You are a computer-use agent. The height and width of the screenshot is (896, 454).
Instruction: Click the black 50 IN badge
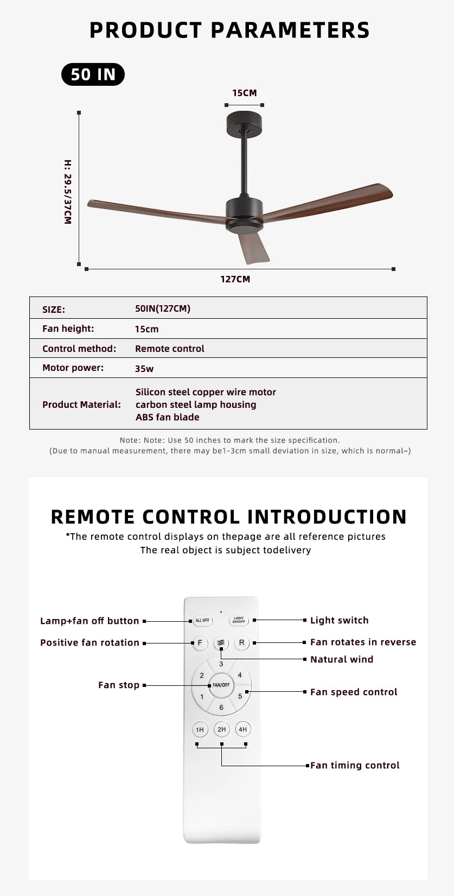pyautogui.click(x=93, y=74)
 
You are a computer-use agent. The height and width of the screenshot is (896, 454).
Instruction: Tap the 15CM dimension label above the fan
pyautogui.click(x=244, y=93)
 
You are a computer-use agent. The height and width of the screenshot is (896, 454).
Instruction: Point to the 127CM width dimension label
pyautogui.click(x=235, y=279)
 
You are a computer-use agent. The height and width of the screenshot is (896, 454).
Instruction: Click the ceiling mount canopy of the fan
pyautogui.click(x=244, y=123)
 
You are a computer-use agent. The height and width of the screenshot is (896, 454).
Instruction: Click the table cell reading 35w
pyautogui.click(x=144, y=369)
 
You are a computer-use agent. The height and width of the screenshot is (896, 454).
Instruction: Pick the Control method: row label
pyautogui.click(x=79, y=349)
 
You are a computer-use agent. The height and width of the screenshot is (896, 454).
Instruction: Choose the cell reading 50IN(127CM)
pyautogui.click(x=163, y=308)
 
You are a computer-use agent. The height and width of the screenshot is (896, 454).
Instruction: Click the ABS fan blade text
pyautogui.click(x=168, y=417)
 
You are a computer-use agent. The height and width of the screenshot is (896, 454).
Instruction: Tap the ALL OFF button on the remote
pyautogui.click(x=202, y=620)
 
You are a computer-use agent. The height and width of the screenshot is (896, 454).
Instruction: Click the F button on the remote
pyautogui.click(x=200, y=643)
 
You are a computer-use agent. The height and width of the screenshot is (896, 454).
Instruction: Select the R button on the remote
pyautogui.click(x=241, y=643)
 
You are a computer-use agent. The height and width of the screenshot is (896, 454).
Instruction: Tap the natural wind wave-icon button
pyautogui.click(x=221, y=643)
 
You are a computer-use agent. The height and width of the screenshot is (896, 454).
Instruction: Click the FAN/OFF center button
pyautogui.click(x=221, y=685)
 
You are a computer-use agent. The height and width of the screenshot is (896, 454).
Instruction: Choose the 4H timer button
pyautogui.click(x=242, y=729)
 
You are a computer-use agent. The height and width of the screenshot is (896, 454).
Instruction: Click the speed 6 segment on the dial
pyautogui.click(x=221, y=707)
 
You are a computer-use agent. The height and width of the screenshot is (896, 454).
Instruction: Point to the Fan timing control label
pyautogui.click(x=355, y=765)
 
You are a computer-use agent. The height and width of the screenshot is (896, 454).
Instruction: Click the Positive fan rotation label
pyautogui.click(x=89, y=642)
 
